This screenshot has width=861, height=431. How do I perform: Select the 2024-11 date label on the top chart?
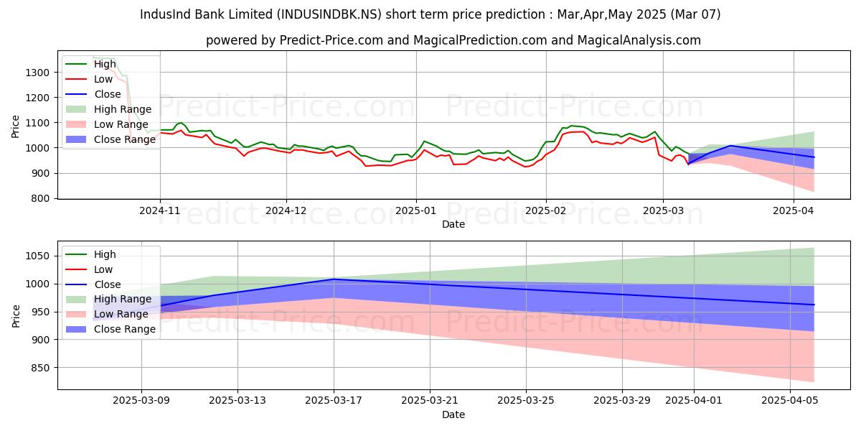click(x=159, y=212)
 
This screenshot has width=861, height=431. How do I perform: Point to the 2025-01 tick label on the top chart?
click(x=416, y=212)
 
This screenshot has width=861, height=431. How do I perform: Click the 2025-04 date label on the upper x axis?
click(x=794, y=212)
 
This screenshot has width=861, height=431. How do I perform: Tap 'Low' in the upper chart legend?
click(x=103, y=79)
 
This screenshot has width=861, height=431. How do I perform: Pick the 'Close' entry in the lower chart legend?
click(x=108, y=284)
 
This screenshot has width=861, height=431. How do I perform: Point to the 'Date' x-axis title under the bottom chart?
click(x=453, y=414)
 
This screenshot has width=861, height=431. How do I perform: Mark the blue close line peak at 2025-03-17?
click(x=334, y=279)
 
